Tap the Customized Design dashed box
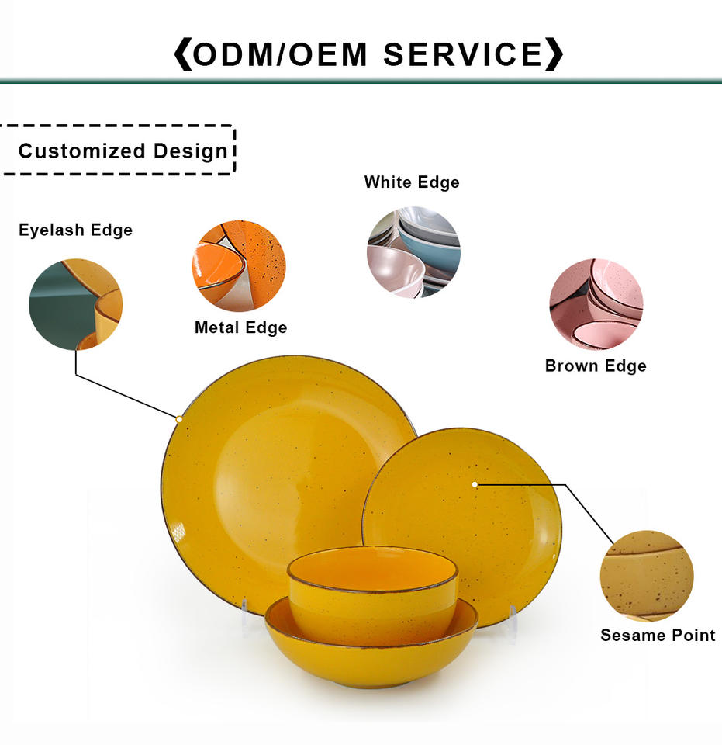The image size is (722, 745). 119,150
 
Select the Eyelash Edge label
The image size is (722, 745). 75,230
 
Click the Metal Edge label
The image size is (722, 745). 240,327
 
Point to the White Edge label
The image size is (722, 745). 412,182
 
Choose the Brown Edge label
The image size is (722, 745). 596,366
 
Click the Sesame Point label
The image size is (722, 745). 658,635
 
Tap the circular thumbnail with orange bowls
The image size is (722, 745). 239,266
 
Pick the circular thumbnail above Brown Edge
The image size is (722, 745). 596,304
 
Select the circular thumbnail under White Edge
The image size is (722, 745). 413,252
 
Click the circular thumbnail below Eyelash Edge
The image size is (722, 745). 75,304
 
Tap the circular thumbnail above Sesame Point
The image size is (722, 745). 647,576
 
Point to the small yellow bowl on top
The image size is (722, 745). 372,590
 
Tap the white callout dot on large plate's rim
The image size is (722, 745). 179,419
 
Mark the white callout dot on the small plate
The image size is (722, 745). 475,484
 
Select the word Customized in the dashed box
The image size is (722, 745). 81,151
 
